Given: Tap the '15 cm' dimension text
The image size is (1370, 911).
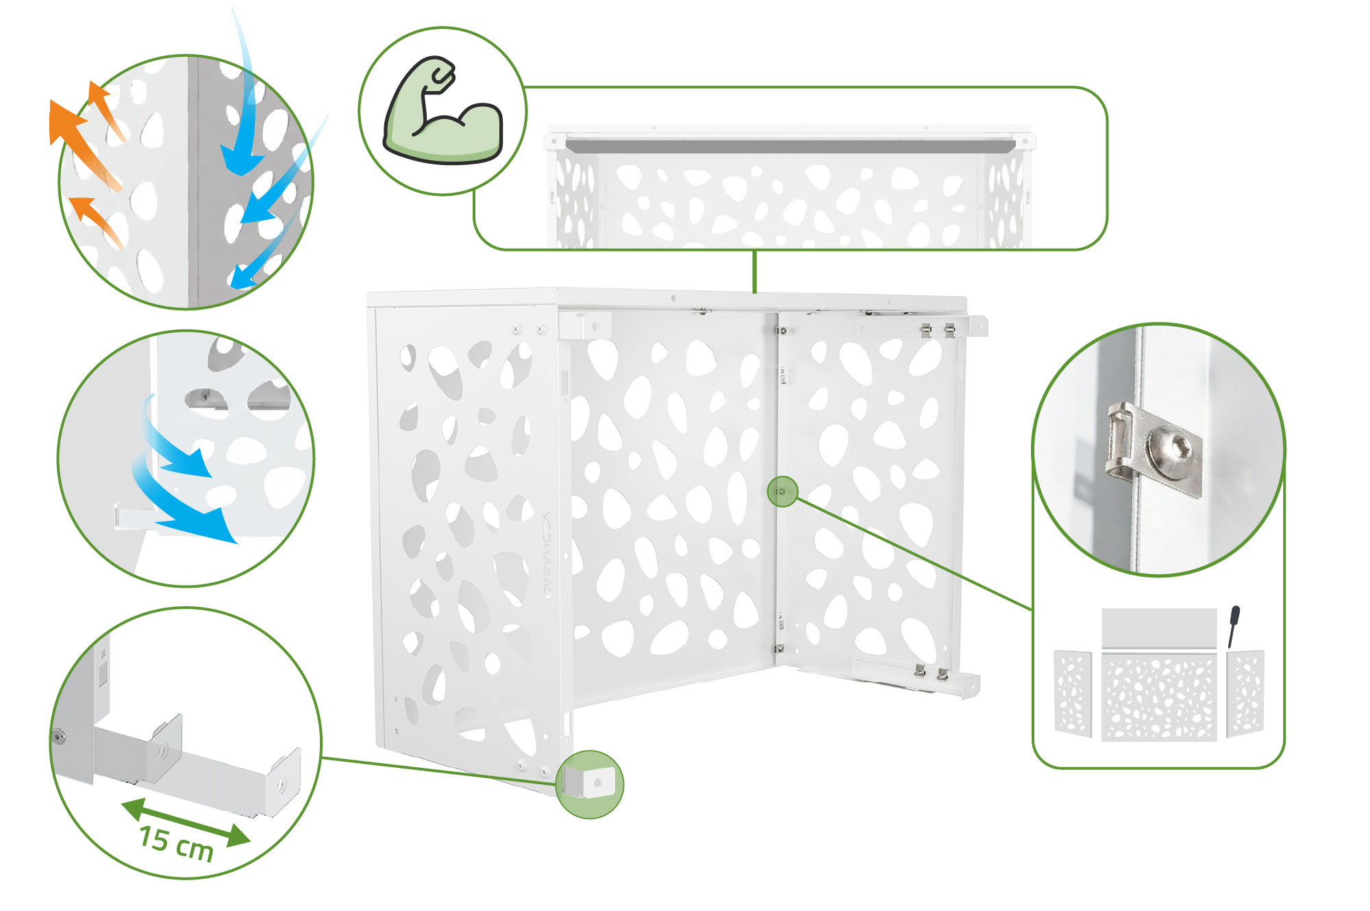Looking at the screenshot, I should click(x=176, y=844).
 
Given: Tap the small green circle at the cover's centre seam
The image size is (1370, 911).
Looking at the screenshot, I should click(x=782, y=492).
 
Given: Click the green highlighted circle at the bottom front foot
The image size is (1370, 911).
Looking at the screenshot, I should click(x=590, y=784).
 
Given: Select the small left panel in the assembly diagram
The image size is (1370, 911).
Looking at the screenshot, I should click(x=1073, y=693).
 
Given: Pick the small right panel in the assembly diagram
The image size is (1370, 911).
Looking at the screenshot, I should click(x=1245, y=693).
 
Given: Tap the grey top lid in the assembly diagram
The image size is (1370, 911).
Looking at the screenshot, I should click(x=1158, y=627).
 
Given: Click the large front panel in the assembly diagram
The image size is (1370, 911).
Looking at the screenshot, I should click(x=1158, y=697).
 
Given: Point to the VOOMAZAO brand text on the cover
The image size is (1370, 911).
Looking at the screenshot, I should click(x=547, y=554).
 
